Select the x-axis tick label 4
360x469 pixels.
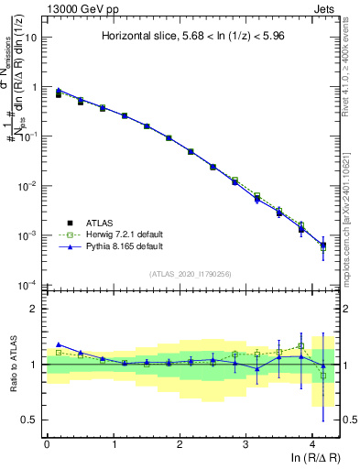(x=312, y=443)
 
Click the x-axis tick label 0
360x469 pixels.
(x=47, y=443)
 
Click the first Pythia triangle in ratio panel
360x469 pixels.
(x=59, y=344)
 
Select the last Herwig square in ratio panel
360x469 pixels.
(x=322, y=376)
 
